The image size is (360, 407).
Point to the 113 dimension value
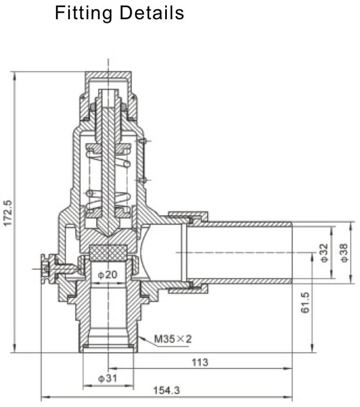pos(199,362)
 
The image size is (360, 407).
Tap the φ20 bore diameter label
pos(108,274)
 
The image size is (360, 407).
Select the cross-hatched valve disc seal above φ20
pos(108,253)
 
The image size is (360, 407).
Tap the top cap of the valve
pos(108,79)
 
